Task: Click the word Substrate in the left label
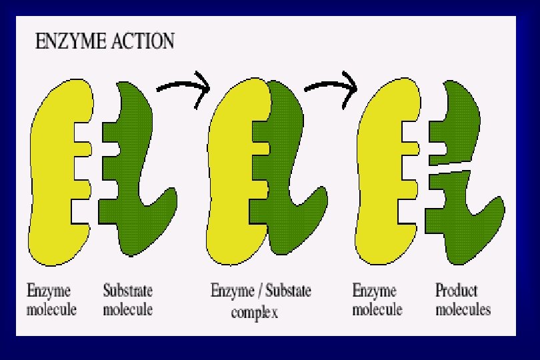[128, 291]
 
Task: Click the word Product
[457, 291]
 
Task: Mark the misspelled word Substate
[286, 291]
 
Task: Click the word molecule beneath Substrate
[128, 310]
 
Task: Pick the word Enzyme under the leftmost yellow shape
[49, 291]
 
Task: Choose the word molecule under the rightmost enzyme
[377, 310]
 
